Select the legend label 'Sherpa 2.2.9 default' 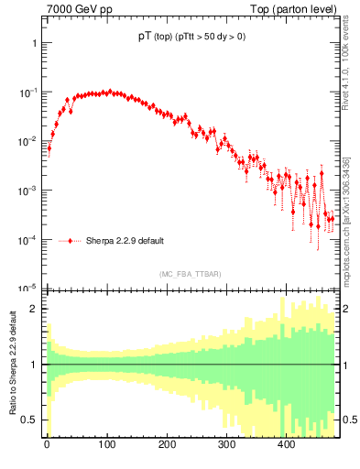point(125,242)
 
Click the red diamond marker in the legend point(70,242)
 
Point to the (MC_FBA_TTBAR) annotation point(190,275)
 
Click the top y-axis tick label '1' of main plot point(33,44)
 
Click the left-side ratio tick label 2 point(34,309)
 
